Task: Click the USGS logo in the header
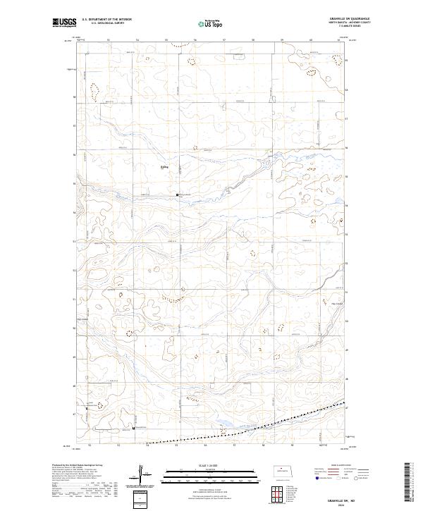click(x=64, y=23)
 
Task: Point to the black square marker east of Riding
click(x=177, y=195)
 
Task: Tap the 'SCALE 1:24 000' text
click(x=211, y=464)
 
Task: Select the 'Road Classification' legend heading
click(x=341, y=464)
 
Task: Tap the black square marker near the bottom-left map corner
click(x=134, y=426)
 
